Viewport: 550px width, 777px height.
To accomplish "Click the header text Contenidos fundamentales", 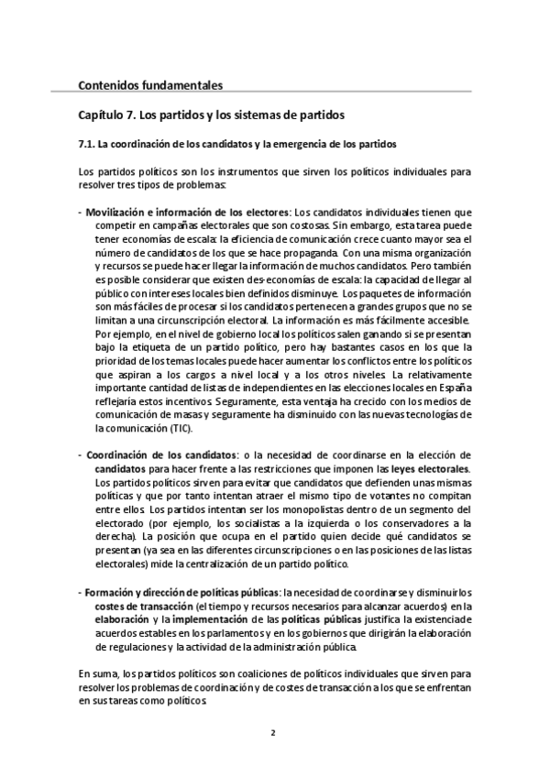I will [x=150, y=86].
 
